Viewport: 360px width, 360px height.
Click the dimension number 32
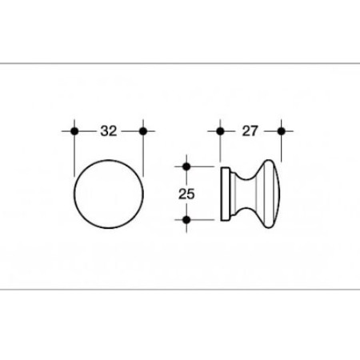coord(109,131)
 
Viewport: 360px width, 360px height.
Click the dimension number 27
coord(250,131)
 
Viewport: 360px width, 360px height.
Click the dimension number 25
coord(186,194)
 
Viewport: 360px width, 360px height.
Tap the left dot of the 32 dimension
coord(74,131)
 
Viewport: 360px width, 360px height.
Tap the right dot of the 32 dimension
coord(143,131)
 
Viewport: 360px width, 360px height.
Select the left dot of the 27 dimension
coord(220,131)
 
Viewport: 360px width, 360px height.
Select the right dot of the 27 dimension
coord(282,131)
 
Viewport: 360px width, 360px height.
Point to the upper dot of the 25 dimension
coord(186,166)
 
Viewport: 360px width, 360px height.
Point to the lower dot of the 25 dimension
coord(186,220)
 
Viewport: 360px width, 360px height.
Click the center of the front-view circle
coord(109,194)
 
